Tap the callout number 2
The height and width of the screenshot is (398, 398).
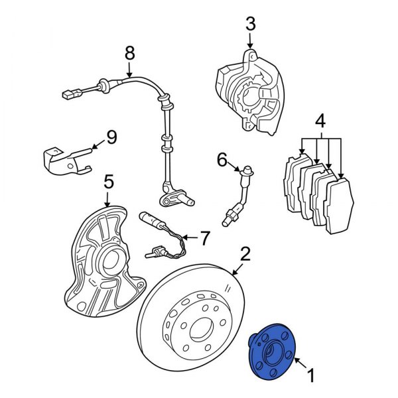[245, 253]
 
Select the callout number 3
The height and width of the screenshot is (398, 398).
[249, 25]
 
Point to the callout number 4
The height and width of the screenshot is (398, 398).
[320, 121]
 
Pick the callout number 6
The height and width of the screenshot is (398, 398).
[222, 159]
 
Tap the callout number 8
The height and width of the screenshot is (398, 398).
[129, 51]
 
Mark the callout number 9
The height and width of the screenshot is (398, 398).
[111, 137]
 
